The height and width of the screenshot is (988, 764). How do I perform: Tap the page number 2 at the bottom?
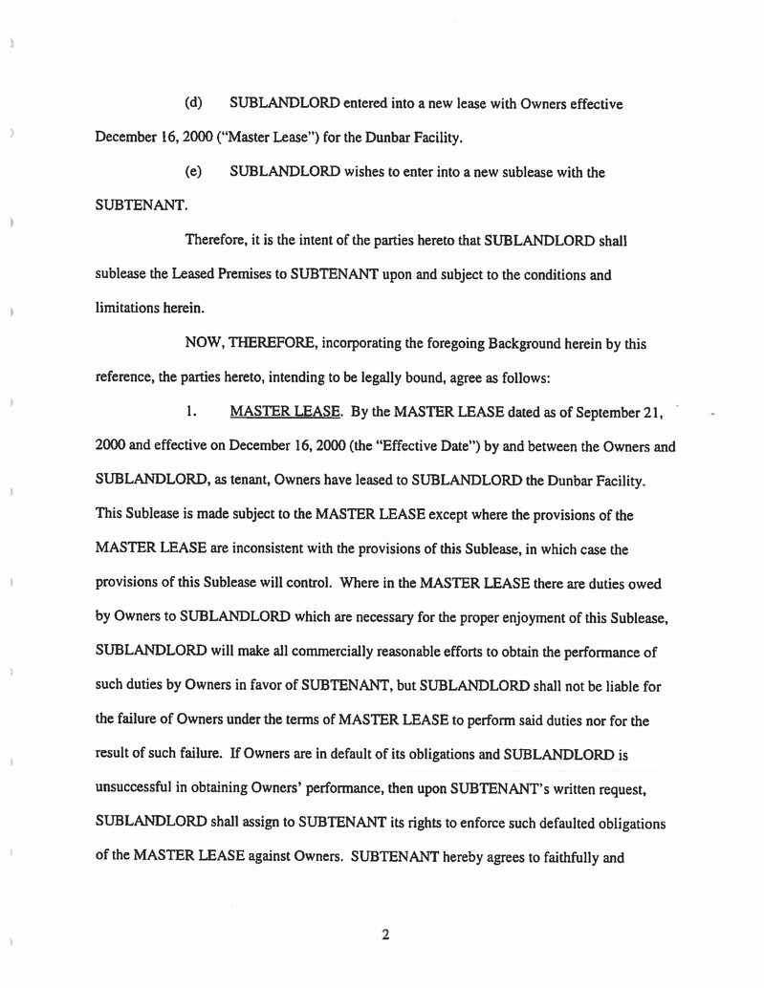coord(384,935)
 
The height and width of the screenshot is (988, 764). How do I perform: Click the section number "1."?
coord(192,413)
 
